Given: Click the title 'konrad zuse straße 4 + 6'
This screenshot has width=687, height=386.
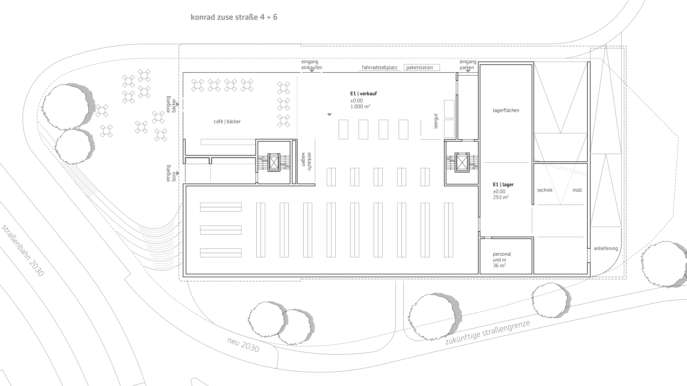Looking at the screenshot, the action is coord(234,17).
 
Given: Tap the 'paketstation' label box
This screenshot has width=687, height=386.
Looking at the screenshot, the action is coord(422,67).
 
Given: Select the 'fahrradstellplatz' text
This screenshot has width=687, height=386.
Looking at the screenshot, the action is coord(380,68).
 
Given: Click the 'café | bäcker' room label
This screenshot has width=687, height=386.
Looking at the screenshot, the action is coord(227,121).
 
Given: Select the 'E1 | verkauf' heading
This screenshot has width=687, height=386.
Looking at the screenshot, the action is coord(363,93).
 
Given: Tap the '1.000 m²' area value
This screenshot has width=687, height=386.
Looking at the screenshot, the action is coord(360,106).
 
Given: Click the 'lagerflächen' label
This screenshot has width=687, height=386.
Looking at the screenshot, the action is coord(506,110).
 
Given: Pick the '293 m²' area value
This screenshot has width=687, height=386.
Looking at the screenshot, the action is coord(501,197).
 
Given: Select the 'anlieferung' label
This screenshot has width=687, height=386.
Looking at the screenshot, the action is coord(606,248).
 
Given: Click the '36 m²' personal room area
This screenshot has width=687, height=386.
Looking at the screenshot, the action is coord(499,266).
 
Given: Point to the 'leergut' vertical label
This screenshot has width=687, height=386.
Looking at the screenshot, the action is coord(436,121).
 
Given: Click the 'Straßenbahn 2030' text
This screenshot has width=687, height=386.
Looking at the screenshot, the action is coord(23,251).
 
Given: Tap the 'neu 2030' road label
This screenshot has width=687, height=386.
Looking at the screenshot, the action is coord(243,345).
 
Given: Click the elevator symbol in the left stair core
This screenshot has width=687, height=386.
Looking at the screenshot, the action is coord(274,162).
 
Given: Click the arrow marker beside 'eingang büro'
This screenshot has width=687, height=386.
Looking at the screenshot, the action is coord(178,173).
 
